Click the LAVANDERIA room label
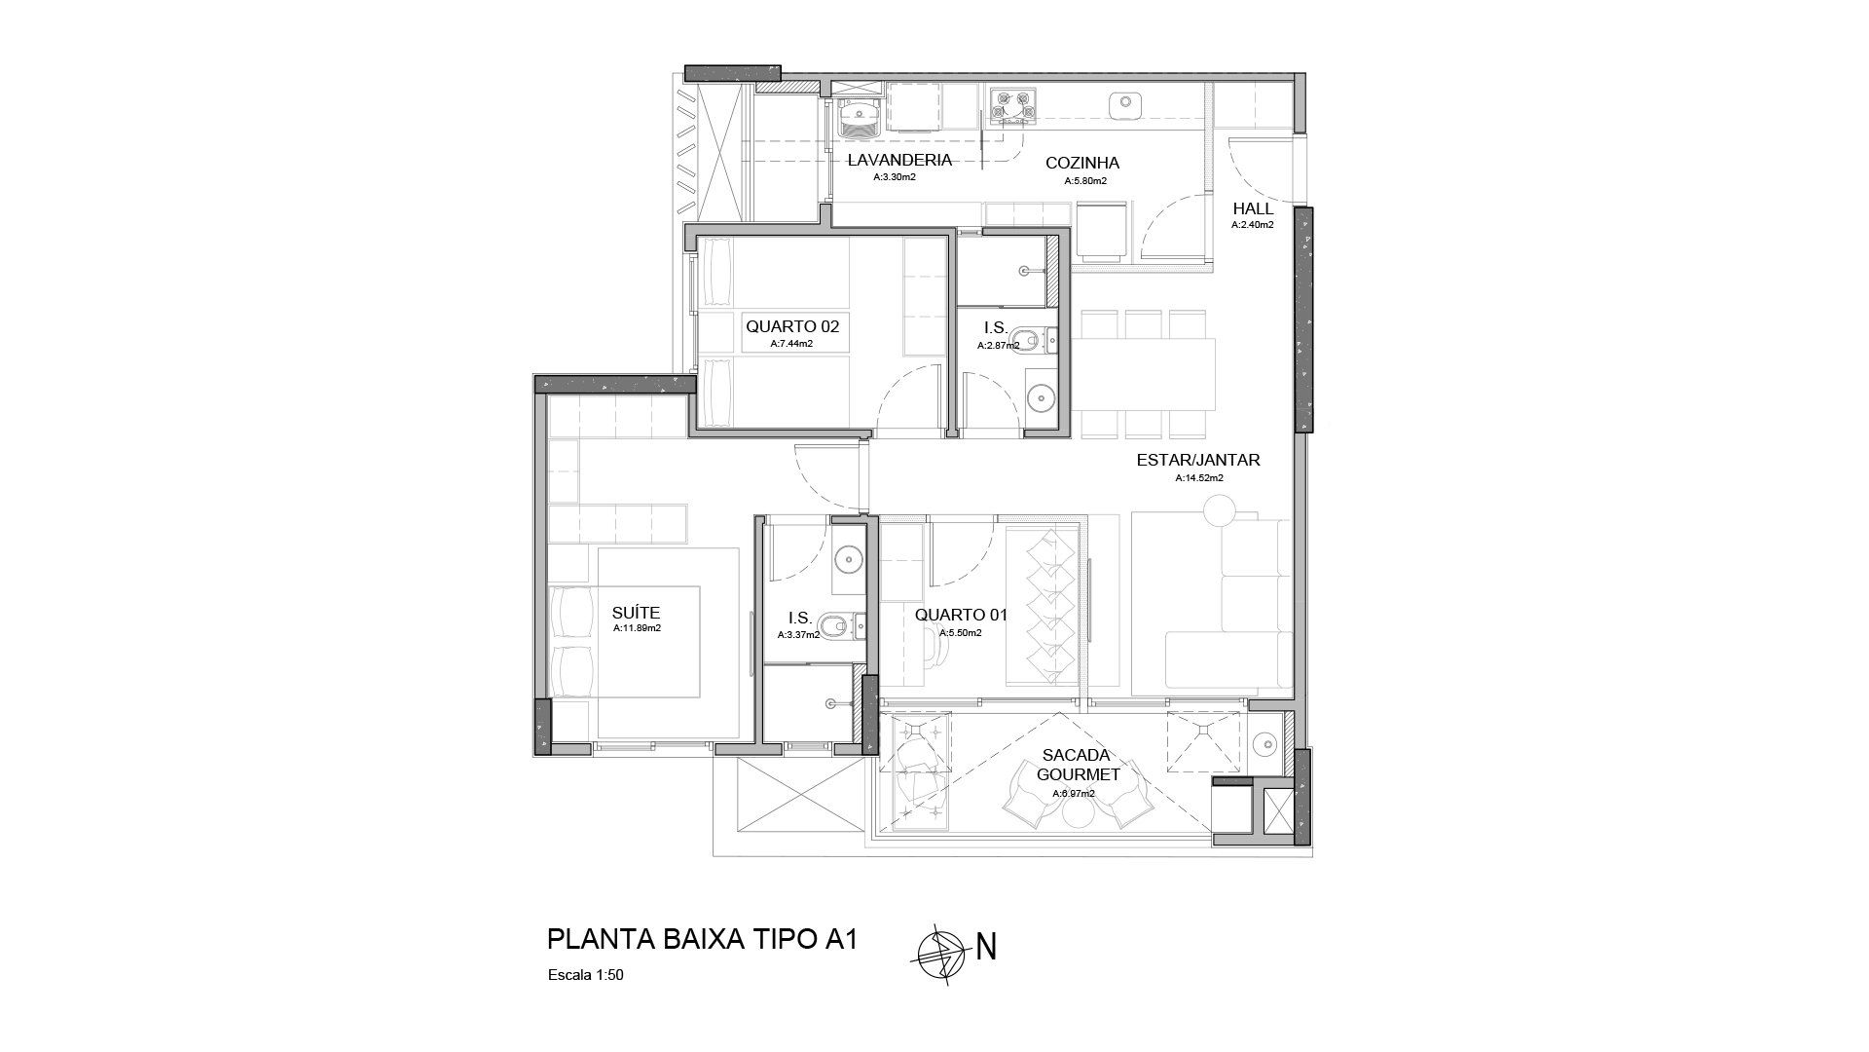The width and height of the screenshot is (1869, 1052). (x=898, y=161)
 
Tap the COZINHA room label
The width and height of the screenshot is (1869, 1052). (x=1082, y=164)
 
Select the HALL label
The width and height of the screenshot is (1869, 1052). (x=1253, y=208)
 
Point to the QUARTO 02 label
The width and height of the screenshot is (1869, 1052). (x=792, y=327)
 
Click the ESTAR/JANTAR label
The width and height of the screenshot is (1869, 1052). (x=1198, y=460)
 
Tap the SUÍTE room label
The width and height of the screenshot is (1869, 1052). (x=636, y=613)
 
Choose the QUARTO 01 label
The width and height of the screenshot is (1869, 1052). (x=961, y=616)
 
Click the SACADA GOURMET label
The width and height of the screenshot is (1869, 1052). (x=1078, y=765)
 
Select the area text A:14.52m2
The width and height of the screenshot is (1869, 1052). (x=1198, y=478)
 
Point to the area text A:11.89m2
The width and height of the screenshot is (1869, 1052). (x=637, y=629)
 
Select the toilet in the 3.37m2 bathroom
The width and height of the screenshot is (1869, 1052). (x=834, y=624)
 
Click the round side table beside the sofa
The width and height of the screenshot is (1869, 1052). (x=1218, y=511)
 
